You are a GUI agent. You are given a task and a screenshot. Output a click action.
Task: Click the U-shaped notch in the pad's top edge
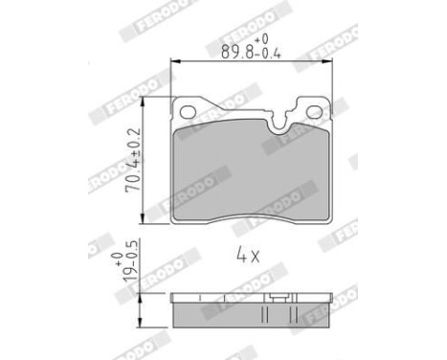click(281, 119)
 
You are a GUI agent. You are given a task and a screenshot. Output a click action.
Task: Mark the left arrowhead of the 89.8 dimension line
click(174, 63)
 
